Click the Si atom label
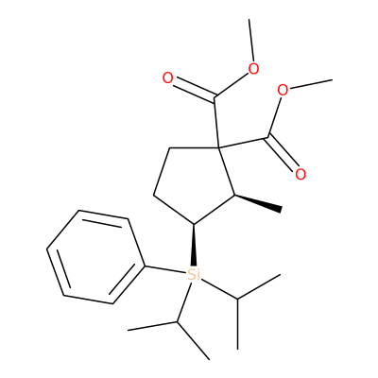[194, 274]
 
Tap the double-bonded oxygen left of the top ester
[168, 78]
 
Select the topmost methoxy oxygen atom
[253, 69]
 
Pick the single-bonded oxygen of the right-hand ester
[283, 91]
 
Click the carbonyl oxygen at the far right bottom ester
[301, 174]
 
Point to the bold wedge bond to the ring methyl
[258, 202]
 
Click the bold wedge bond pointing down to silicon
[194, 245]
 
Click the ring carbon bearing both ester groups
[219, 147]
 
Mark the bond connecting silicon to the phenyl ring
[165, 269]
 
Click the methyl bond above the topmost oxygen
[251, 41]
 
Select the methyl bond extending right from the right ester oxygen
[310, 84]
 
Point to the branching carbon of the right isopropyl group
[237, 298]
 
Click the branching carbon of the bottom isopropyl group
[177, 322]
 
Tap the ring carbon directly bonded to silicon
[194, 224]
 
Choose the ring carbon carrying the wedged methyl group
[234, 195]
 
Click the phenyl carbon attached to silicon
[145, 266]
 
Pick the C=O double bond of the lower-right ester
[283, 154]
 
